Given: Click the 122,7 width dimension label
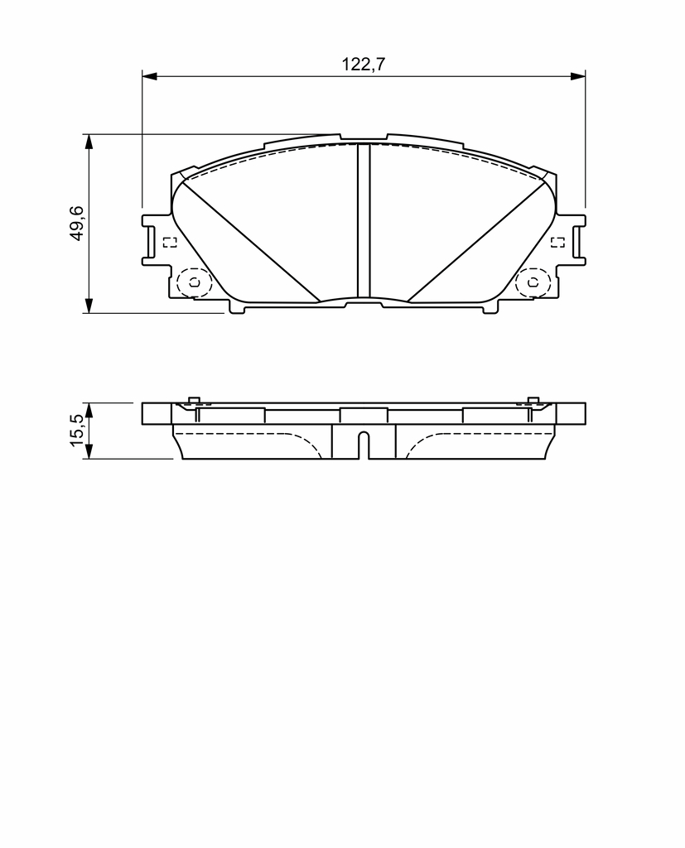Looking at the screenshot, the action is [x=363, y=65].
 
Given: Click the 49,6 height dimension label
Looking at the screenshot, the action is [x=76, y=223].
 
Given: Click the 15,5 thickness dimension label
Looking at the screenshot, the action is [x=76, y=431].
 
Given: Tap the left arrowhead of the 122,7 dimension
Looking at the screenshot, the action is [x=149, y=76].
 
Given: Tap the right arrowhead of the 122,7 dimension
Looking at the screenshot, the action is [x=578, y=76].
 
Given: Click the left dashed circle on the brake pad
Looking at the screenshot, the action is [x=179, y=282].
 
